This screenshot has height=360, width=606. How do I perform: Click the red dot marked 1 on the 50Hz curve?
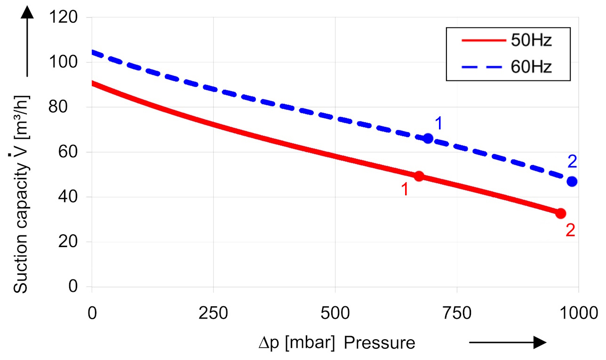click(419, 176)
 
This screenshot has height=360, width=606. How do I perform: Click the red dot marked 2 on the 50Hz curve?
click(560, 213)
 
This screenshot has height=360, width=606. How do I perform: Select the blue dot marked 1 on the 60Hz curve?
click(428, 138)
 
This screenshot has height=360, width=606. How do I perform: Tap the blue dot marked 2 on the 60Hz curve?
click(572, 182)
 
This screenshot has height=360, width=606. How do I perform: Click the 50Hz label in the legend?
click(531, 41)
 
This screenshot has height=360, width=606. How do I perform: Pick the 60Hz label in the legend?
click(531, 66)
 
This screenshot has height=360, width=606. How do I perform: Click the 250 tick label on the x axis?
click(213, 312)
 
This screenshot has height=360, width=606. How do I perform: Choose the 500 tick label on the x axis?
click(335, 312)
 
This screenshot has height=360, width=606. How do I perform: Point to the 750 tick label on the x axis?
click(457, 312)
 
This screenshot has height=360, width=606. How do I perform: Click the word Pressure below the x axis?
click(380, 343)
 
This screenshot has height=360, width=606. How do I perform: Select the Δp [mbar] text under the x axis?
click(296, 343)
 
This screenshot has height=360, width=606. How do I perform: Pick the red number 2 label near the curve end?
click(570, 231)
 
